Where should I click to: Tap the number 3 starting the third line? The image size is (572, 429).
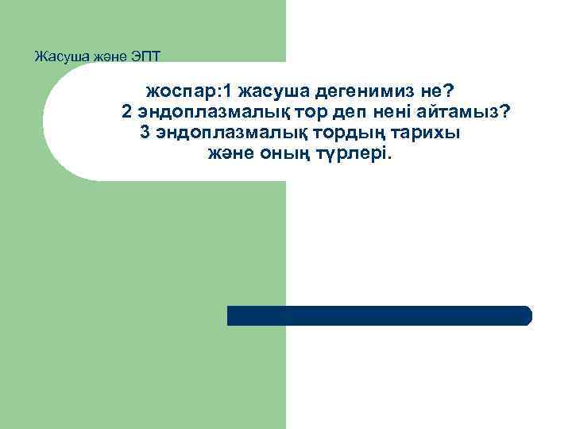(145, 132)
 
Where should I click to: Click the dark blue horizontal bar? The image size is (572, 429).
(380, 315)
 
